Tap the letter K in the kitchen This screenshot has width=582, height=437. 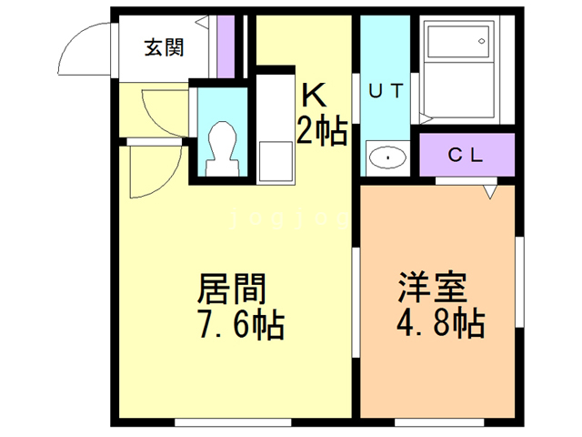click(x=314, y=95)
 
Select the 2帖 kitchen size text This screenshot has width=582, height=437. click(x=321, y=132)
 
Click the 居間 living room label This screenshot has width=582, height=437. click(x=233, y=289)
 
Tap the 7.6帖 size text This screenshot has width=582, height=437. click(x=238, y=324)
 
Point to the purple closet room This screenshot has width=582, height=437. click(x=467, y=154)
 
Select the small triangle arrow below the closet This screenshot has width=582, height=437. click(x=490, y=192)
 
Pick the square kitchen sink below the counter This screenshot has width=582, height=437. click(x=271, y=163)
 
